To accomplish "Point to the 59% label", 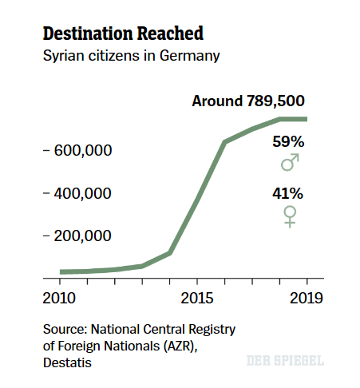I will coord(288,142).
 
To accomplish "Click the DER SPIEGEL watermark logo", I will coord(285,361).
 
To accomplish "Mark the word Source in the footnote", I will coord(65,328).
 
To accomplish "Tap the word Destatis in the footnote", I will coord(68,363).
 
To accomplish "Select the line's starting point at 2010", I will coord(61,272).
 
